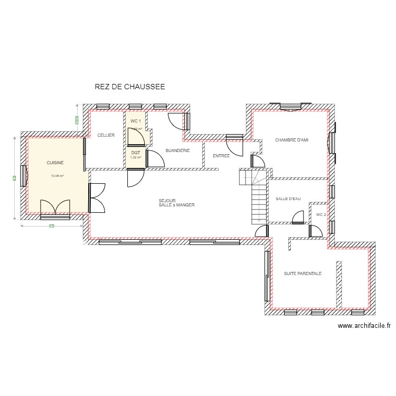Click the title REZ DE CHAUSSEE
pos(129,87)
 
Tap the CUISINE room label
pos(55,163)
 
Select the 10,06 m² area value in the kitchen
pos(57,176)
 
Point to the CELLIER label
pos(106,135)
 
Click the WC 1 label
pos(135,121)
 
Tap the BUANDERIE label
pos(177,150)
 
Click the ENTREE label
pos(221,156)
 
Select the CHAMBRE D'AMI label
pos(291,140)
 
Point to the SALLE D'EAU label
pos(288,199)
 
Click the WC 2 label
pos(321,215)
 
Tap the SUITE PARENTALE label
pos(303,274)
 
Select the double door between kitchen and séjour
pos(96,198)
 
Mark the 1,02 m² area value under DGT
pos(136,157)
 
